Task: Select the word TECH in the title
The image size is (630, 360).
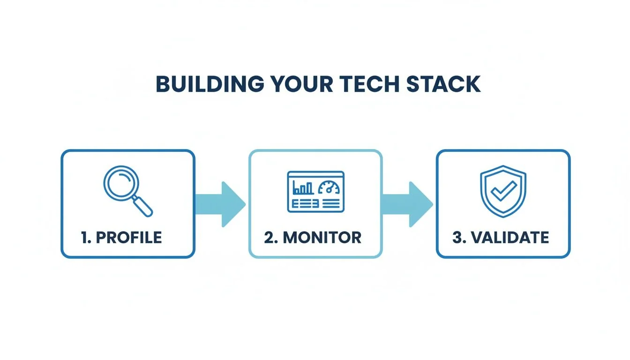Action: pyautogui.click(x=364, y=84)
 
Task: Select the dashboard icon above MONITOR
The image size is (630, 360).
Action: pyautogui.click(x=315, y=192)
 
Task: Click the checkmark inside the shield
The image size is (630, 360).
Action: pyautogui.click(x=504, y=190)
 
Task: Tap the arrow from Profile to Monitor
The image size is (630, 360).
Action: pyautogui.click(x=220, y=204)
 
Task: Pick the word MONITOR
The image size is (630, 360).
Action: pyautogui.click(x=322, y=237)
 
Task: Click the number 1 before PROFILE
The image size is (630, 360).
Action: pyautogui.click(x=85, y=237)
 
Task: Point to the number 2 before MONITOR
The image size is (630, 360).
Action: pyautogui.click(x=269, y=237)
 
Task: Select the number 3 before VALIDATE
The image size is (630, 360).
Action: pyautogui.click(x=457, y=237)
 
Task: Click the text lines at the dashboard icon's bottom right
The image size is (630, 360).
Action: pyautogui.click(x=330, y=203)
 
